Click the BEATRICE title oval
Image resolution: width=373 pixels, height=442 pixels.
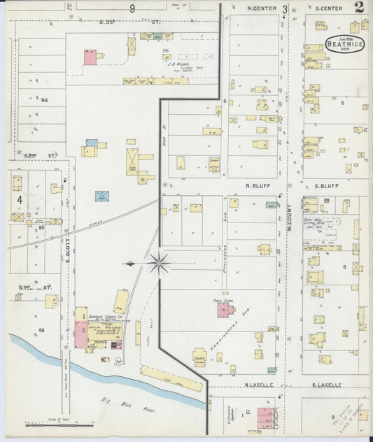point(344,43)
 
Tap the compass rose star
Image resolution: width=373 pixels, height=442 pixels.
point(159,264)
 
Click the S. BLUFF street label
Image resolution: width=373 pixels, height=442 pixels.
point(326,186)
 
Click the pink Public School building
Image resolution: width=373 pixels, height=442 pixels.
point(225,309)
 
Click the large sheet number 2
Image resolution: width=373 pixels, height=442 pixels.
point(358,8)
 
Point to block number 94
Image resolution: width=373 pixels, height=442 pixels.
point(43,100)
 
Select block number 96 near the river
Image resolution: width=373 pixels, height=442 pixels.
point(41,329)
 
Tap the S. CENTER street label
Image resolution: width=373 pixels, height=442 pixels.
point(328,8)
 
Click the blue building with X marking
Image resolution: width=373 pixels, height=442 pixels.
point(102,195)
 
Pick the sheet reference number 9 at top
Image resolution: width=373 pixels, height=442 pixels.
point(132,8)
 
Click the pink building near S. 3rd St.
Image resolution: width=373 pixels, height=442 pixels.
point(90,57)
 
